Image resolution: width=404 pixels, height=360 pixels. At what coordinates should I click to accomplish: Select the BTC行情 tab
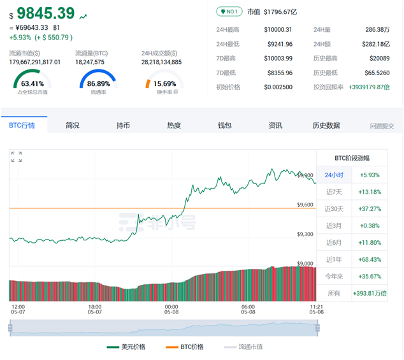pos(22,126)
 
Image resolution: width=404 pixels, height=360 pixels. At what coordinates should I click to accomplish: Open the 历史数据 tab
pos(326,126)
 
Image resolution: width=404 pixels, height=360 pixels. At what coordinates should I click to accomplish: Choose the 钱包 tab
pos(225,126)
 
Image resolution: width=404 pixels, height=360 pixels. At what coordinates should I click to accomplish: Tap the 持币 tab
pos(123,126)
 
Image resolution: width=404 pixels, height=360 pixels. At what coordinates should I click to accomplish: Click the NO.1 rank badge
pos(228,11)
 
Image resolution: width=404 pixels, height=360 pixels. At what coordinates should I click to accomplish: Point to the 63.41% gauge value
pos(32,83)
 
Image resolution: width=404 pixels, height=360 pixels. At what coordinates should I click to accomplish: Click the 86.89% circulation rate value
pos(98,83)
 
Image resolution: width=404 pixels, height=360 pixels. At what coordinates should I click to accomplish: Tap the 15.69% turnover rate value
pos(164,83)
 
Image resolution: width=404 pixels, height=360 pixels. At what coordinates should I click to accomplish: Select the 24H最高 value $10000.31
pos(278,29)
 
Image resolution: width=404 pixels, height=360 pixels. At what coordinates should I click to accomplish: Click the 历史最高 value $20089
pos(377,58)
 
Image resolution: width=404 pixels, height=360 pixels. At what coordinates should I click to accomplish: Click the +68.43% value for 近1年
pos(370,259)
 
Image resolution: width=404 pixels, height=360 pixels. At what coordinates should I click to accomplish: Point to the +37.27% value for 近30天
pos(370,208)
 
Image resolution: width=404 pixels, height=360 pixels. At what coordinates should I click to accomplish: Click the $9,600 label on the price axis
pos(305,205)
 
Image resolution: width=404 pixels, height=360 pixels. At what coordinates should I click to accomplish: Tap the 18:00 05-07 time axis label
pos(95,309)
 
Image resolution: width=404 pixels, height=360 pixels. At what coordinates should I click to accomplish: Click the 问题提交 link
pos(382,126)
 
